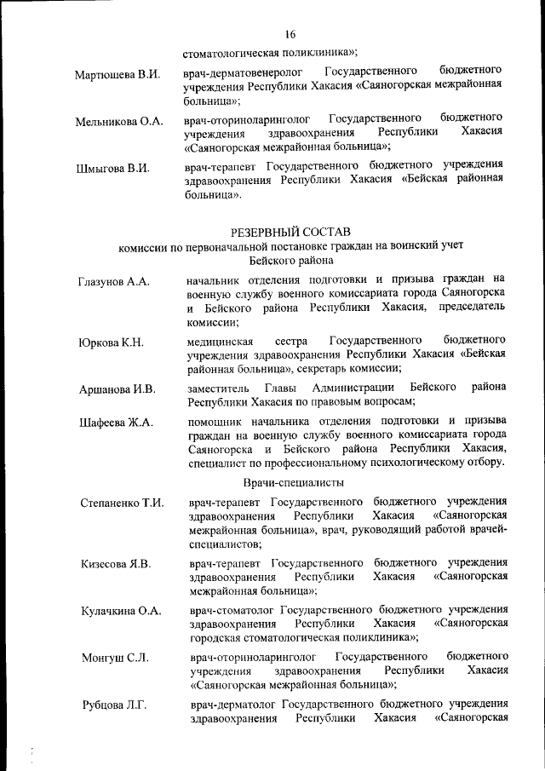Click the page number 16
290,34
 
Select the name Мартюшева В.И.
118,74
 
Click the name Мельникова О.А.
118,122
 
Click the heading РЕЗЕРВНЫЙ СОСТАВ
290,231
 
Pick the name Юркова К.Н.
111,343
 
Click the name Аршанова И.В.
117,390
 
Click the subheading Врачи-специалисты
291,482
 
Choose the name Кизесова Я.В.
116,564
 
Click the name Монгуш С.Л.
114,658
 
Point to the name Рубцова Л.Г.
114,705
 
